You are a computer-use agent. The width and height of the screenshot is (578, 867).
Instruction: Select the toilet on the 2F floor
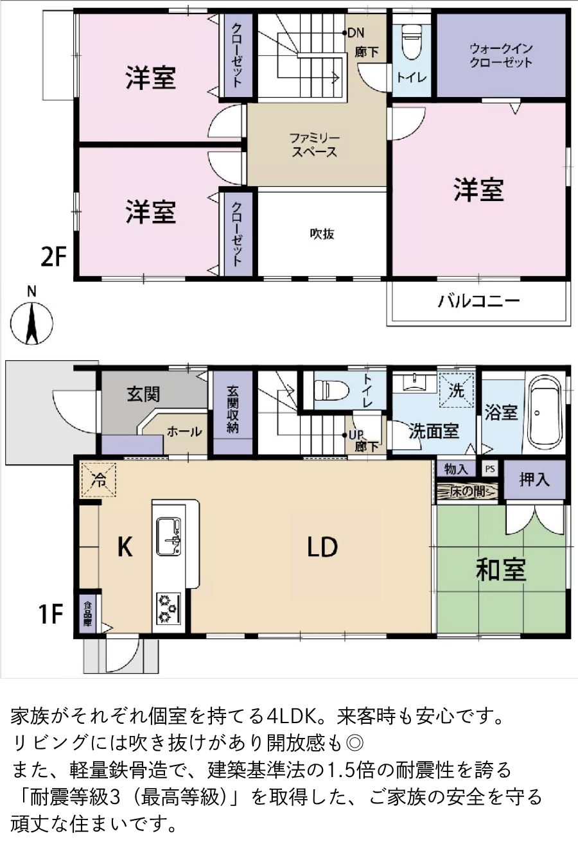click(412, 42)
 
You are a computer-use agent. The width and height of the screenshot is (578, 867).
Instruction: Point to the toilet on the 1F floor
click(330, 390)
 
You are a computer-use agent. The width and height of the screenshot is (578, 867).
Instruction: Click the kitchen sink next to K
click(168, 537)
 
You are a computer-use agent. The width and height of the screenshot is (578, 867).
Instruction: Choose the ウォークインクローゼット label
click(501, 55)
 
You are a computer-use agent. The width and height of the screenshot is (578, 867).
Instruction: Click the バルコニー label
click(478, 301)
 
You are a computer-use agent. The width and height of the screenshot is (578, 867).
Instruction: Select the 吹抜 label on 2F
click(322, 234)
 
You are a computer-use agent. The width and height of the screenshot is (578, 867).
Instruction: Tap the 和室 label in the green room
click(501, 570)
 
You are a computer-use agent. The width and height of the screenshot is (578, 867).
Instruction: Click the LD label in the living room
click(322, 547)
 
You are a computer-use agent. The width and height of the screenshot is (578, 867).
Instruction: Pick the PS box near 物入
click(490, 469)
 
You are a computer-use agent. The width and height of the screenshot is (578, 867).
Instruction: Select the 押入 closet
click(534, 480)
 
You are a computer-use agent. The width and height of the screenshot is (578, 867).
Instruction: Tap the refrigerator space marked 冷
click(98, 480)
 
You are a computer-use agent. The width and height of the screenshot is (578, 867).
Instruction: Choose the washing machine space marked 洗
click(457, 390)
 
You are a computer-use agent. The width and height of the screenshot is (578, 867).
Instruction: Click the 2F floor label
click(53, 257)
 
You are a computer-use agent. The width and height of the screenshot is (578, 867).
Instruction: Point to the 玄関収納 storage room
click(232, 413)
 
